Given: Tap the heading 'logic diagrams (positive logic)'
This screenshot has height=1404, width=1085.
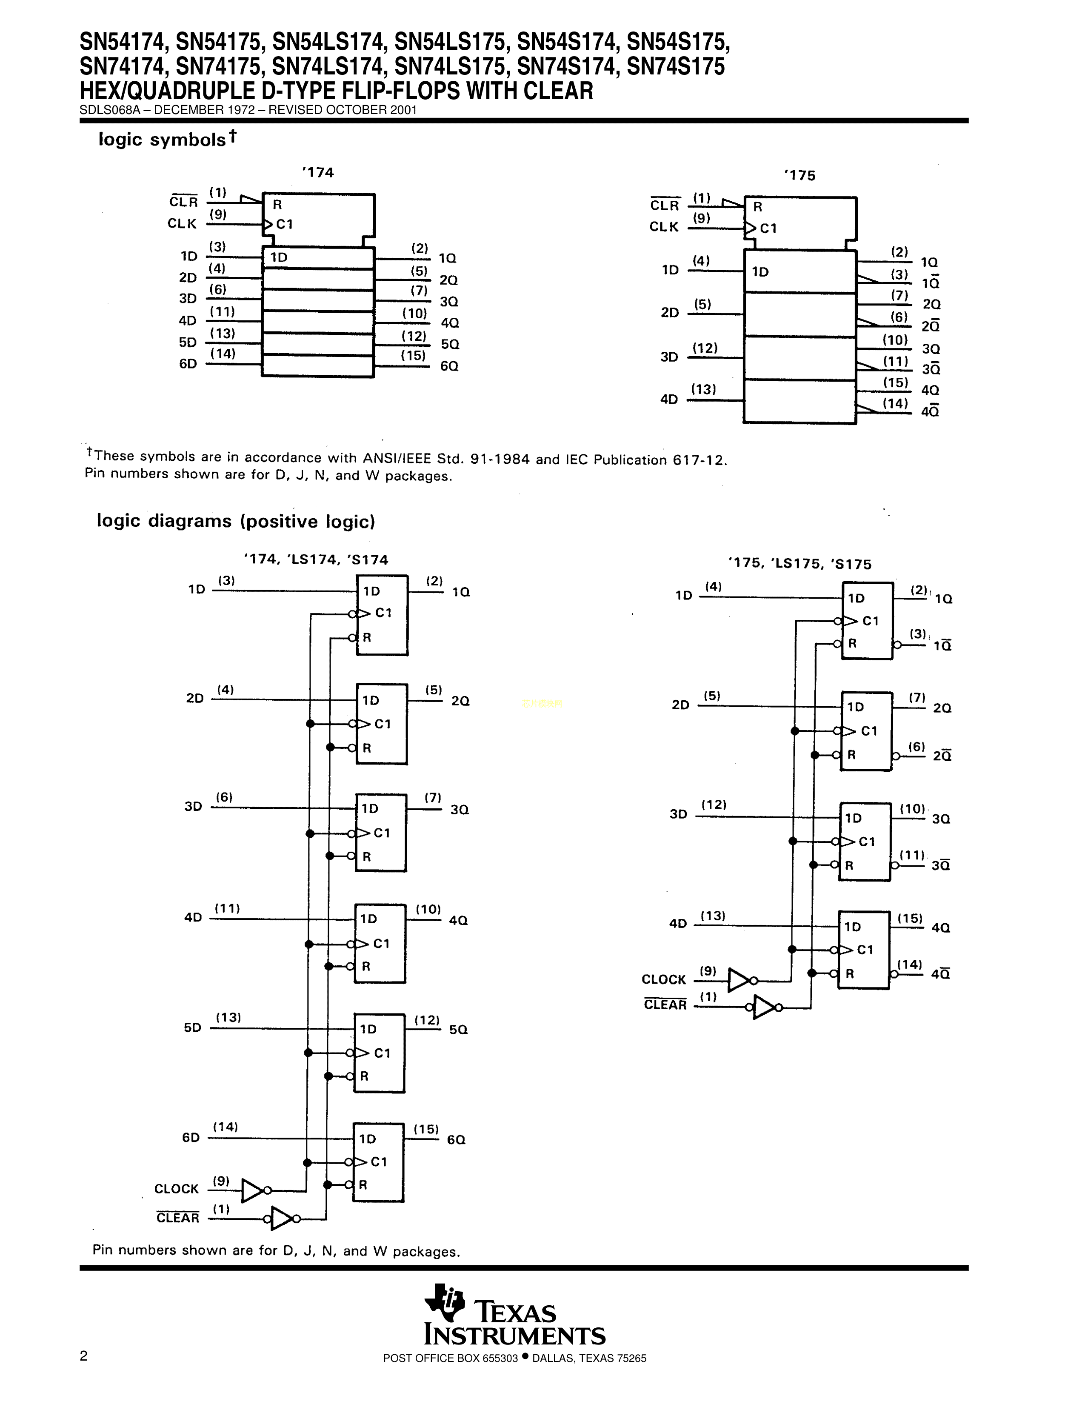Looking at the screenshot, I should (x=235, y=521).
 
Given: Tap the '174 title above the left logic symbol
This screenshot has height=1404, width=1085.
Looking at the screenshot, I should (x=317, y=172).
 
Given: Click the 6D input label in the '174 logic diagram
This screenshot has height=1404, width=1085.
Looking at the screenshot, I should (x=191, y=1137).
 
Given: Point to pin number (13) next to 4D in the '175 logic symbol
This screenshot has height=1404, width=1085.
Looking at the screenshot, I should (x=703, y=389).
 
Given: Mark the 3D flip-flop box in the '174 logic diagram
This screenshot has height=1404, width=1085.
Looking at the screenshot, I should (x=381, y=833).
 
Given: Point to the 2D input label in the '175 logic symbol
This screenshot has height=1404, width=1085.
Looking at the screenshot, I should (x=670, y=312).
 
